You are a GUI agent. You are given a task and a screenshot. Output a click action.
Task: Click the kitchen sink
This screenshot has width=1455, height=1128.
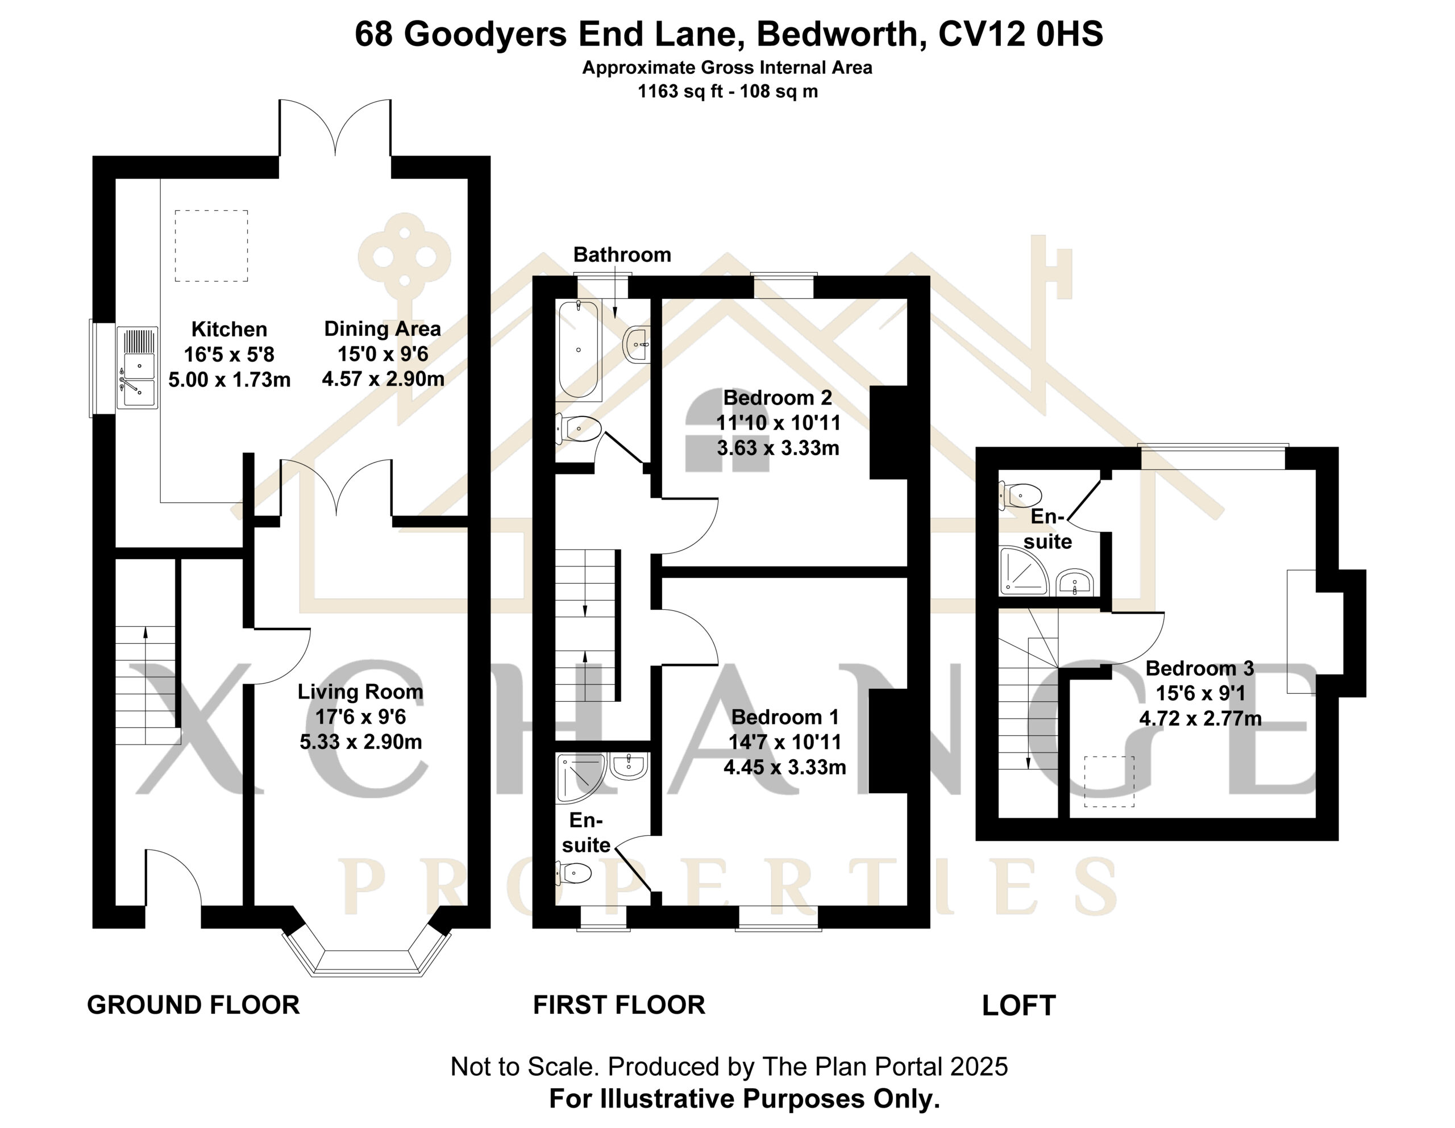[137, 367]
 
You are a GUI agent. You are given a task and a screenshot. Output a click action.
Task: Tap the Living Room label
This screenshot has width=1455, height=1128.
[360, 692]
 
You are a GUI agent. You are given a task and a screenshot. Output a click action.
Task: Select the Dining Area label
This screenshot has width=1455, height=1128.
[383, 328]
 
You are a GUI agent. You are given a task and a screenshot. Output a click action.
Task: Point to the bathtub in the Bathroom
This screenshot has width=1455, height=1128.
[578, 349]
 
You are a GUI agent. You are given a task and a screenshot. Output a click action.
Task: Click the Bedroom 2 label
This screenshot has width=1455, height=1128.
[778, 398]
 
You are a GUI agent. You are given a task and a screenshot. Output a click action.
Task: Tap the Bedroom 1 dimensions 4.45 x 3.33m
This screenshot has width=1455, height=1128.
[785, 768]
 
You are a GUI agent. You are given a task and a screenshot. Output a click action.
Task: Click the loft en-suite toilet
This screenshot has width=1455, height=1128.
[1020, 495]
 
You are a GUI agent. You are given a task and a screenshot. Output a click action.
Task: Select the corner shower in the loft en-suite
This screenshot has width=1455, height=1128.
[1023, 571]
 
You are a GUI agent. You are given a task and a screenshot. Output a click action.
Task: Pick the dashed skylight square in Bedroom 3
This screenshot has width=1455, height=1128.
[1109, 782]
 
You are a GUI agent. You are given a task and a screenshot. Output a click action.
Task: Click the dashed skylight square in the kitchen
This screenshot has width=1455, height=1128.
[212, 246]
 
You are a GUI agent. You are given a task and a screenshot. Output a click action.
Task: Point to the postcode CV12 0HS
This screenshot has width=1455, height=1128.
[1021, 34]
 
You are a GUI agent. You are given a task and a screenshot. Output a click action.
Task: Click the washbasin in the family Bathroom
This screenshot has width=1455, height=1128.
[637, 344]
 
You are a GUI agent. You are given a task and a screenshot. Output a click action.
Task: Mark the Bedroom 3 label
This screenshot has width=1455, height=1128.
[1200, 668]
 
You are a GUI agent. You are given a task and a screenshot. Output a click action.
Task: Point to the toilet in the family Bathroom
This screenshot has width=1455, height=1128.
[580, 429]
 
